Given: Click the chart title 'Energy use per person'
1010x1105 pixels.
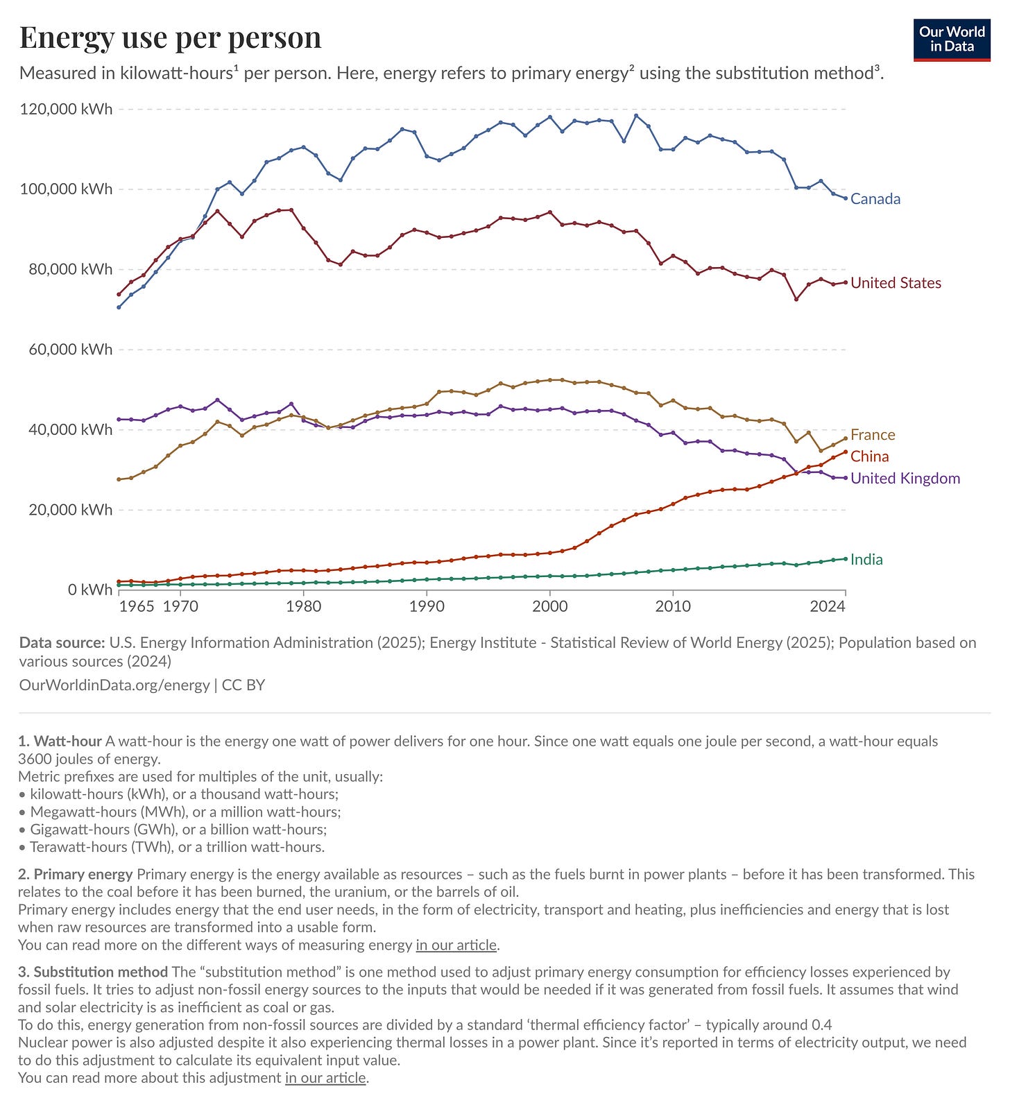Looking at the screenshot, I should tap(170, 37).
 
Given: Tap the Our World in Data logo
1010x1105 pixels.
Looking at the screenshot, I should tap(952, 40).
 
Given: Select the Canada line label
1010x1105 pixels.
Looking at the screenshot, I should tap(875, 199).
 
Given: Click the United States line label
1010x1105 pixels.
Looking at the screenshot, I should tap(896, 283).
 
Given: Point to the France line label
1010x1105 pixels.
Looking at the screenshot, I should tap(873, 435).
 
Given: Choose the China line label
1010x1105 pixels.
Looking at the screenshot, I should tap(869, 456).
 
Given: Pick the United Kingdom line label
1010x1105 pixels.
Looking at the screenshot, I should tap(905, 479).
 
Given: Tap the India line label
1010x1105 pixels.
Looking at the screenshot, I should tap(866, 560).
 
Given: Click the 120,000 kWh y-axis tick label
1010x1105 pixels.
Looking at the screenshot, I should tap(66, 110).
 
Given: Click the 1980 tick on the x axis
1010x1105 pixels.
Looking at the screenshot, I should tap(304, 606).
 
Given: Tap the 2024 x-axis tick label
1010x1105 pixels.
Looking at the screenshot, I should tap(828, 606).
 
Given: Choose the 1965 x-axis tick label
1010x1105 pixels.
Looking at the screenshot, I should tap(137, 606).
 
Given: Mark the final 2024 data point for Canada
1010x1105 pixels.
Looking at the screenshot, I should tap(845, 198).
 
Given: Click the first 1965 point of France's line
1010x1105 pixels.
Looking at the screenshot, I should tap(119, 479).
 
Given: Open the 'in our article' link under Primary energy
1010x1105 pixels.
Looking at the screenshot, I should tap(456, 945).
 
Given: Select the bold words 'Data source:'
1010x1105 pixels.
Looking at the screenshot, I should tap(62, 643).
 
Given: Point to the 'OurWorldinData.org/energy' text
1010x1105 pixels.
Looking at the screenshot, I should tap(114, 685).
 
